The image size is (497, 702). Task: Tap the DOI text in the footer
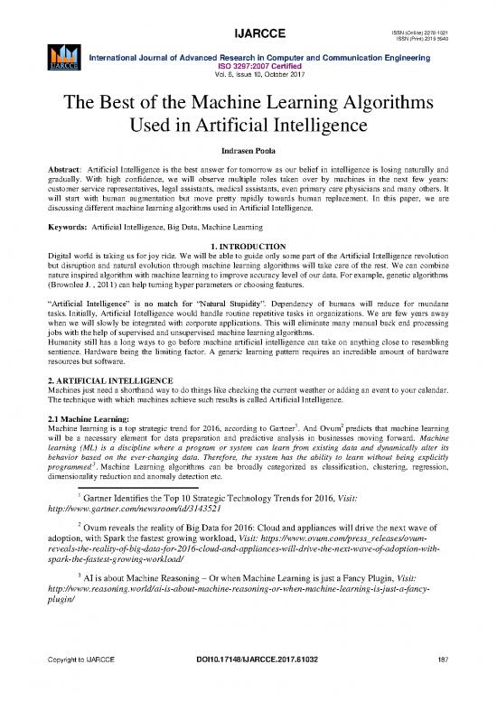point(249,684)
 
